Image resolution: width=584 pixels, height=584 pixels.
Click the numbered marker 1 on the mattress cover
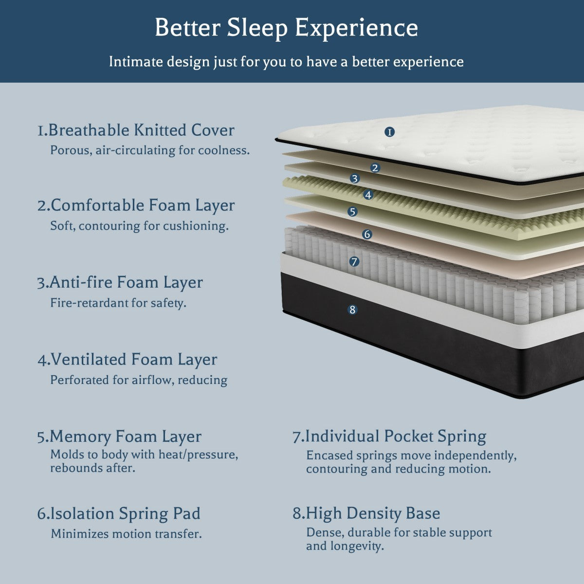pos(389,132)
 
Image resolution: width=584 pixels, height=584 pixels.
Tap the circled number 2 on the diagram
pos(375,168)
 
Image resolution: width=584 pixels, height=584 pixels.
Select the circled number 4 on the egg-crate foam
pos(368,195)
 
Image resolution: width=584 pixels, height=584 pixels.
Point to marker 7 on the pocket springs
pos(354,261)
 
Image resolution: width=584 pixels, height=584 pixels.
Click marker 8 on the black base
pos(353,310)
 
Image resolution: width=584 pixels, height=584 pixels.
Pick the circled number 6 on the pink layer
pos(367,234)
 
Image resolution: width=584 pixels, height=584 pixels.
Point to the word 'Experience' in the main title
pos(357,28)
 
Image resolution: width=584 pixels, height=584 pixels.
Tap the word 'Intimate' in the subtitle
pos(135,62)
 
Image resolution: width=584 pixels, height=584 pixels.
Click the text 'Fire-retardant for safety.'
pos(118,303)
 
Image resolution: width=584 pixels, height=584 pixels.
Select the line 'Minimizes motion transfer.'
pos(126,534)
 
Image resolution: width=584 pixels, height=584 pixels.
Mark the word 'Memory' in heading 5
pos(80,437)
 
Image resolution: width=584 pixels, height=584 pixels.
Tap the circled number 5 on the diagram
pos(353,212)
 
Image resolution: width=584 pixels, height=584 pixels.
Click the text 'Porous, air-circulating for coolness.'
pos(150,150)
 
